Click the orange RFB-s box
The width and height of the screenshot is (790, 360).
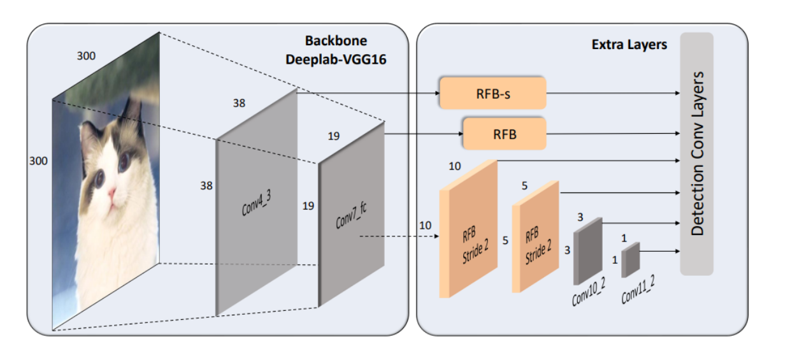(492, 93)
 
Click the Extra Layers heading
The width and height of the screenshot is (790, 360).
(629, 45)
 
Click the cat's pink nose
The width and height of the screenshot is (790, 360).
(112, 192)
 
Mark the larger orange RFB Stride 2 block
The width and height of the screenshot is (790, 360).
(468, 229)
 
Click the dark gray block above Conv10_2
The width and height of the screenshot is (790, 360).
(588, 250)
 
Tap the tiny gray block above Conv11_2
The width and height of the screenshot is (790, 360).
(630, 260)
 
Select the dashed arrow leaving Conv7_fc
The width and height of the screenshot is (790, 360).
(398, 236)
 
